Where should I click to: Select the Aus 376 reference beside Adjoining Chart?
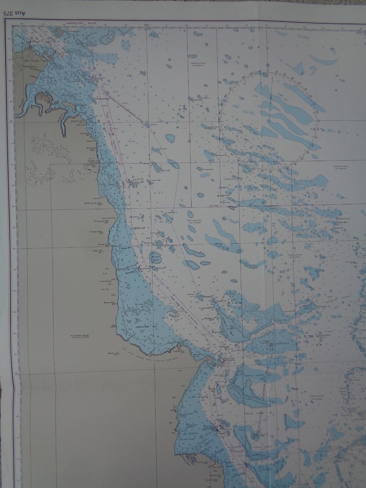click(x=93, y=24)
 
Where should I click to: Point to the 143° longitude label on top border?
click(x=146, y=24)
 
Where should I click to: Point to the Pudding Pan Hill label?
click(x=95, y=202)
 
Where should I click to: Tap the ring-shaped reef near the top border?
click(x=107, y=37)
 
